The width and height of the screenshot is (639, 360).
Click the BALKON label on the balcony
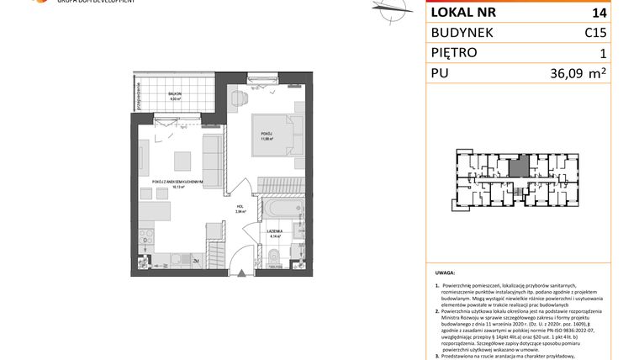[x=175, y=94]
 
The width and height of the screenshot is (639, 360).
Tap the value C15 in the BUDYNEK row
[x=596, y=33]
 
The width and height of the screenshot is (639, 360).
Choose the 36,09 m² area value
[x=573, y=74]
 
